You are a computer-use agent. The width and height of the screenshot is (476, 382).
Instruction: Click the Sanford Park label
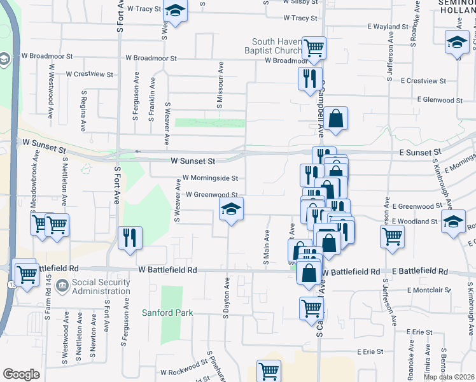click(167, 313)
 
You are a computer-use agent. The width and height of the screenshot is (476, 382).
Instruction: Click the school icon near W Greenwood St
click(231, 208)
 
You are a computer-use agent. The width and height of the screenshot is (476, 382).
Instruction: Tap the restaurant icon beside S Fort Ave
click(130, 237)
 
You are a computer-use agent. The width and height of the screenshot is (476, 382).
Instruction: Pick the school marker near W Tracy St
click(175, 10)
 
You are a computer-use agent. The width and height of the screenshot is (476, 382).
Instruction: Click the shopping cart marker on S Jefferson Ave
click(392, 236)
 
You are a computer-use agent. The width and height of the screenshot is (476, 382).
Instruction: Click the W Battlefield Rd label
click(167, 270)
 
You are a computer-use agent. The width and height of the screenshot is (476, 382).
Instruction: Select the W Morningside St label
click(210, 178)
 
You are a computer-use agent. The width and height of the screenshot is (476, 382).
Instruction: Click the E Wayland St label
click(388, 27)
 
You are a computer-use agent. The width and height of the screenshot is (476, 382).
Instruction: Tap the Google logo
click(21, 374)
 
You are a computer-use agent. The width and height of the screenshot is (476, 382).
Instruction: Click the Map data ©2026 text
click(449, 377)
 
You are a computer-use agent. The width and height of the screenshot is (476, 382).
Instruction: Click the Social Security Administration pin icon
click(62, 284)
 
